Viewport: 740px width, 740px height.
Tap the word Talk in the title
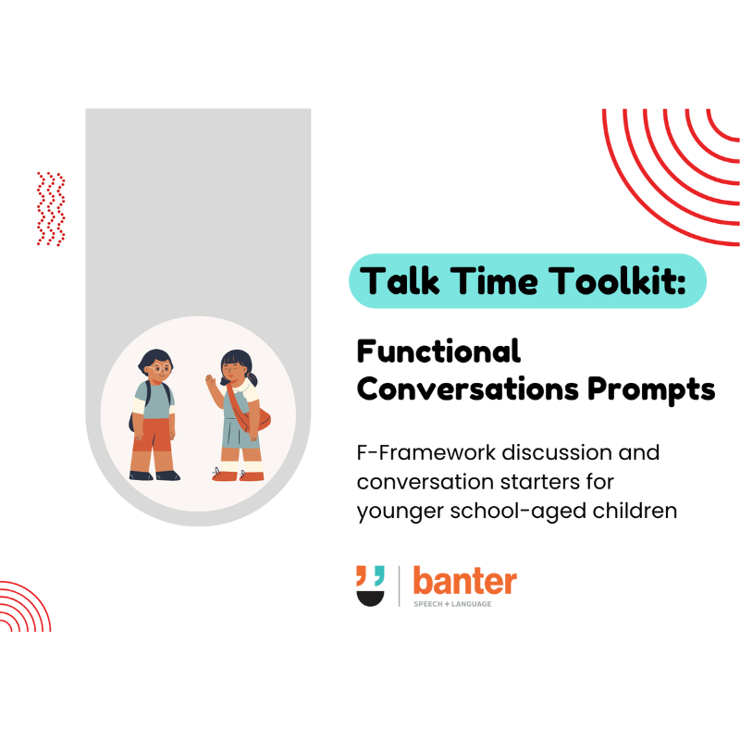click(399, 280)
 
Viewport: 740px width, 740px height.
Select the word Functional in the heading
click(438, 351)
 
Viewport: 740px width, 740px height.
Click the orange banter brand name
click(464, 583)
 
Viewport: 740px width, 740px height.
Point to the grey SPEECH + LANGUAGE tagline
click(452, 604)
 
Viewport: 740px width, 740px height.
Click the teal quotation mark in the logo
click(378, 574)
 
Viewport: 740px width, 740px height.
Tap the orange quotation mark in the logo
click(363, 574)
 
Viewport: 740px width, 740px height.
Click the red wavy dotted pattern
click(51, 208)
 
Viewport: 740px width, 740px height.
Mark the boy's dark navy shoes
click(154, 475)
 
